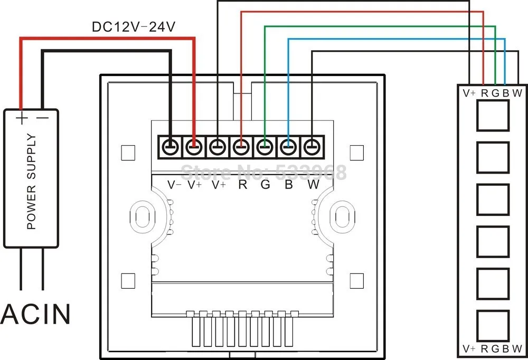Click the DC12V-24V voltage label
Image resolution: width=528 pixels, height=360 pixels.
[134, 27]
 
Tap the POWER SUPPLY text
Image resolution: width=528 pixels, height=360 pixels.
[31, 182]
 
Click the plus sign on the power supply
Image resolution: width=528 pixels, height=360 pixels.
[22, 118]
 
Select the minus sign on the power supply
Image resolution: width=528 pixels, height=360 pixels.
[42, 118]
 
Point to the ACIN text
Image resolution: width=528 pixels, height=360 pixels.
[36, 314]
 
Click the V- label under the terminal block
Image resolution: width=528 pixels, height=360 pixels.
[174, 185]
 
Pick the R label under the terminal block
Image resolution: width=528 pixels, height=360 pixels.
[242, 185]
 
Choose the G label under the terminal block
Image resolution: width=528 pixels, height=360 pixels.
[266, 185]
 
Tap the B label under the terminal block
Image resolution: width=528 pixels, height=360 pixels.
[289, 185]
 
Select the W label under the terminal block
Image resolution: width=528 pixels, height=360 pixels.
[313, 185]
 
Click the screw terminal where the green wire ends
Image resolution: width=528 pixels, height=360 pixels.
[265, 147]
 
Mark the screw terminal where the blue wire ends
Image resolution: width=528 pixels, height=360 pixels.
[288, 147]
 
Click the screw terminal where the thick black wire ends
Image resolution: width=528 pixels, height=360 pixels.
[171, 147]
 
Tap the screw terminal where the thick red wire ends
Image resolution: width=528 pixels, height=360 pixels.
[194, 147]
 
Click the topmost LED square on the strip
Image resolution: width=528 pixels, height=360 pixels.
[493, 116]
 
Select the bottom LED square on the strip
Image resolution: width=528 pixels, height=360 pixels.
[493, 326]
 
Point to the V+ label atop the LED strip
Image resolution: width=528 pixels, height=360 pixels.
[469, 93]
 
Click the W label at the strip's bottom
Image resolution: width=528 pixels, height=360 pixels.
[517, 349]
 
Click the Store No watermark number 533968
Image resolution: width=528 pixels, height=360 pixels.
[311, 173]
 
